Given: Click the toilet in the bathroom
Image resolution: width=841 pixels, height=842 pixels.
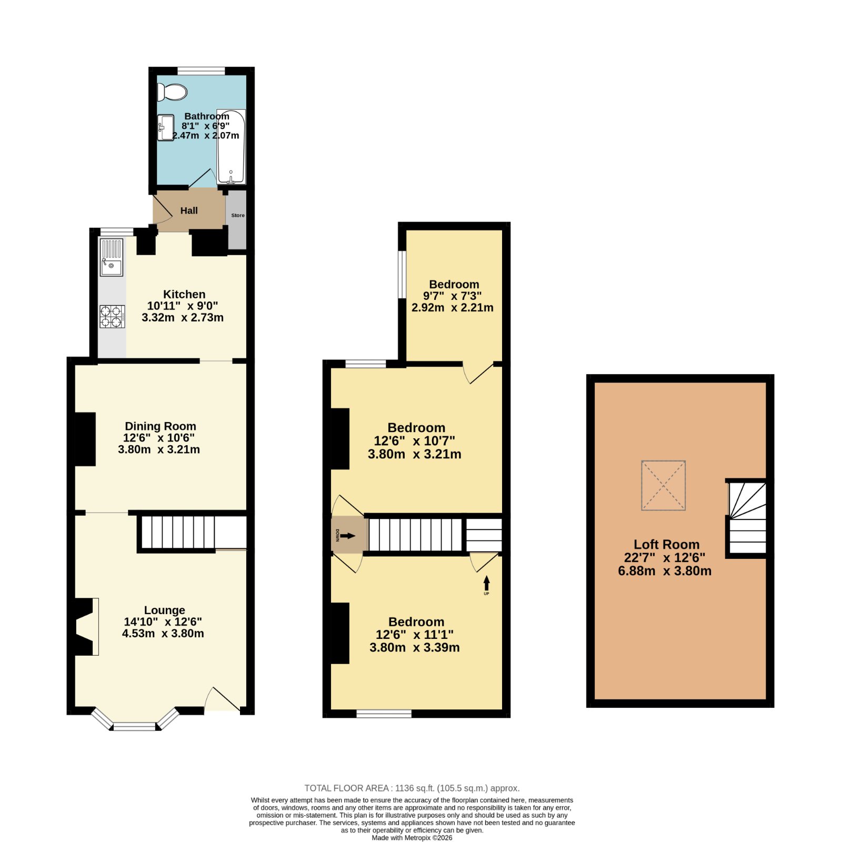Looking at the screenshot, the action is pos(172,92).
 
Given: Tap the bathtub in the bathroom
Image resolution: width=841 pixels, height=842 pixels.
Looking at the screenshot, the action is pos(231,146).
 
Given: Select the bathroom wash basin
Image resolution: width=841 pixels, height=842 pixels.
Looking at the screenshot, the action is pos(166,127).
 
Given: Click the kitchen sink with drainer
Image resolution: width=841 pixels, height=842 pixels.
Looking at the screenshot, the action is pos(112,257).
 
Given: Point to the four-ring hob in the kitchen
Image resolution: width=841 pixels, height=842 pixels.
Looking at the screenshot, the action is pos(113,317).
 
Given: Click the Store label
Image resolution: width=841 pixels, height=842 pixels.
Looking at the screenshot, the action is pos(238,215).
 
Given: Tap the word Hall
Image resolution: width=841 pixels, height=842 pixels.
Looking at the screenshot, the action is pos(189,210).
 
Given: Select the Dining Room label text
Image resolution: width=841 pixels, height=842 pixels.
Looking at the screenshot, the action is pos(161,426).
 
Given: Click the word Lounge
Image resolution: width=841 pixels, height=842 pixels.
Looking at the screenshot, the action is pos(165,610).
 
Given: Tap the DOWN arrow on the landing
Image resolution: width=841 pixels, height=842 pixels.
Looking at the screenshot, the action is pos(348,536).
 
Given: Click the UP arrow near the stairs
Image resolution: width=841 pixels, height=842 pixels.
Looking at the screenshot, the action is pos(486,583).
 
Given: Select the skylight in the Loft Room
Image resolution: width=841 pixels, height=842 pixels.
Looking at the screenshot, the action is pos(663,485).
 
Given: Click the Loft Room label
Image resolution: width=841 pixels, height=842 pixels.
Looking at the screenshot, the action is pos(666,545).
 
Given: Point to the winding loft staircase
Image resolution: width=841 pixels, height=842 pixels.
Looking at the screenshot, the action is pos(747,518).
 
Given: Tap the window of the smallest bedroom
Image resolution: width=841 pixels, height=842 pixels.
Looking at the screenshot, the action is pos(402,275).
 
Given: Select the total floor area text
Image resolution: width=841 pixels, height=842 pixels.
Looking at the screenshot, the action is pos(412,788).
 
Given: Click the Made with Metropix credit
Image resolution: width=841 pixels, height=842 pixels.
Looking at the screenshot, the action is pos(412,838).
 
